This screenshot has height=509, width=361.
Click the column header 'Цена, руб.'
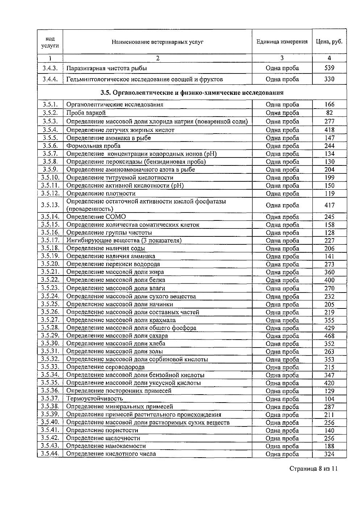point(329,42)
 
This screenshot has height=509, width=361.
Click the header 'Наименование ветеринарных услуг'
point(158,42)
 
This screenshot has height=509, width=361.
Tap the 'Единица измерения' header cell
point(282,42)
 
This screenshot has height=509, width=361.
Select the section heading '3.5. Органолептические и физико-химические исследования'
point(192,93)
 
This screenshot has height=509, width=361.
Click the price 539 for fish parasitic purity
point(329,68)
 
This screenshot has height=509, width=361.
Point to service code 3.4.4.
point(50,79)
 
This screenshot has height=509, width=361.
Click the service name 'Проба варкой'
point(86,113)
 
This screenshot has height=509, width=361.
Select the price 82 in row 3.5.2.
point(329,113)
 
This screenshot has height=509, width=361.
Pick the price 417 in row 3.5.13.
point(329,205)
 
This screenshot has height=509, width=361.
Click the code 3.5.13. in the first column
point(50,205)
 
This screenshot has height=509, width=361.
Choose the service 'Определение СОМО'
point(96,217)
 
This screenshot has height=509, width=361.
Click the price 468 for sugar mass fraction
point(329,336)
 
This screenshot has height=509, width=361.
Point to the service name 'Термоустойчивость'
point(95,399)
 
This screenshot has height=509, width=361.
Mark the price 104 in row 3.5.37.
point(329,399)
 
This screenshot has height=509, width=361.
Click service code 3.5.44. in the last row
point(50,454)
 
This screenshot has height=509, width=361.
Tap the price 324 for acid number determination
point(329,454)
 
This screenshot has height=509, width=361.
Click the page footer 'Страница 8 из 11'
point(314,469)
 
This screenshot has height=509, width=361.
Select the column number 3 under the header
point(282,58)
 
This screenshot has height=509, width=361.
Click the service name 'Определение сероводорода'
point(105,367)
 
